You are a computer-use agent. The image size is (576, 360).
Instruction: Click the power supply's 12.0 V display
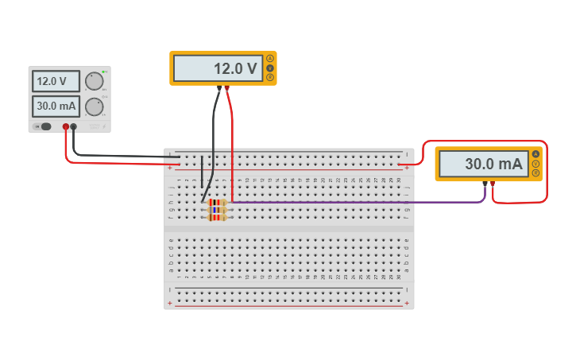coord(56,81)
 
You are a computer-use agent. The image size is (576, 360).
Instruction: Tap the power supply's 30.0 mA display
coord(56,106)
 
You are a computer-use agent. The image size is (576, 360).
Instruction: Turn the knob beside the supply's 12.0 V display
coord(95,81)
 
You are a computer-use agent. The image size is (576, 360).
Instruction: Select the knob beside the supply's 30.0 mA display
coord(95,106)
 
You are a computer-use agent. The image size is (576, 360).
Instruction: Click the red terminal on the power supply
coord(66,127)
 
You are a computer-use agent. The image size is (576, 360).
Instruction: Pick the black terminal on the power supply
coord(74,127)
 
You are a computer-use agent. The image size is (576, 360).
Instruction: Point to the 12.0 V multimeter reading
coord(217,68)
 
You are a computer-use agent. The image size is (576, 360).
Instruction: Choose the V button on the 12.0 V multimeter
coord(270,68)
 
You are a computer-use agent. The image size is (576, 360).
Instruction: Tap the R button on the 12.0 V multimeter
coord(270,77)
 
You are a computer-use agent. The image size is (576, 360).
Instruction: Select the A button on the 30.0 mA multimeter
coord(535,154)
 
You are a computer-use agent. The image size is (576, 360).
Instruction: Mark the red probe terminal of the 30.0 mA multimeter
coord(493,184)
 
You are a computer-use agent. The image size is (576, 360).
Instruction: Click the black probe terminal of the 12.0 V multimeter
coord(219,88)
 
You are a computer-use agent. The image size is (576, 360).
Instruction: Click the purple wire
coord(358,202)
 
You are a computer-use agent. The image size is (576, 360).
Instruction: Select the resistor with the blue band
coord(216,210)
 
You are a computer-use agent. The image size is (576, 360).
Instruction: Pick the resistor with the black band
coord(216,203)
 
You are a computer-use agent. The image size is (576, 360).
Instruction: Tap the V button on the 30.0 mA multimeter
coord(535,164)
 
